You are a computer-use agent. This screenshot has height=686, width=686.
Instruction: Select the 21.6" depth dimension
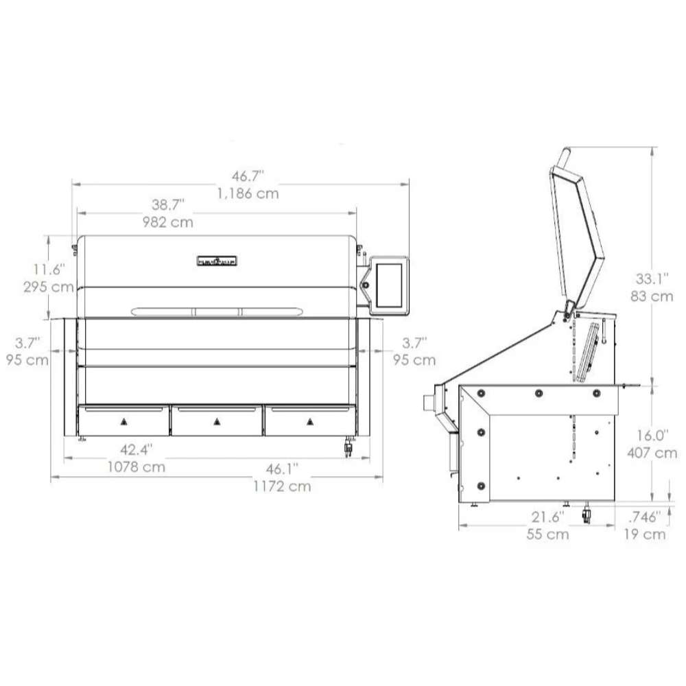[x=547, y=516]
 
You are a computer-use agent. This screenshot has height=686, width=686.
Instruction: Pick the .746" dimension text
[x=645, y=516]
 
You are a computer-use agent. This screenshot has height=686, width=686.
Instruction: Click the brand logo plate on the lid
[x=217, y=261]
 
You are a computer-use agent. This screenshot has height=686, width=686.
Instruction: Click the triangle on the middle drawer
[x=217, y=421]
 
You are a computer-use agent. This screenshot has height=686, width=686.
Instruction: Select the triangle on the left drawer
[x=124, y=421]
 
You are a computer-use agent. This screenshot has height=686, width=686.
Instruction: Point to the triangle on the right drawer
[x=310, y=421]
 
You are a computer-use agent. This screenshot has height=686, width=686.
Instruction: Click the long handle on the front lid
[x=216, y=311]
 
